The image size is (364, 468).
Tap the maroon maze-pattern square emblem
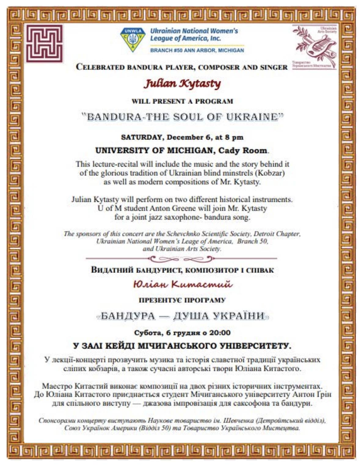click(44, 43)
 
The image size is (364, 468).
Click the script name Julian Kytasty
click(182, 83)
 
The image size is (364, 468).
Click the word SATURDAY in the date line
click(141, 137)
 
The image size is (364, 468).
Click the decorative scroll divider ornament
click(181, 259)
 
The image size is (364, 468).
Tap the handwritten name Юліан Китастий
click(182, 285)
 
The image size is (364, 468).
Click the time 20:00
click(220, 333)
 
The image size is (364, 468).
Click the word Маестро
click(57, 386)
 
